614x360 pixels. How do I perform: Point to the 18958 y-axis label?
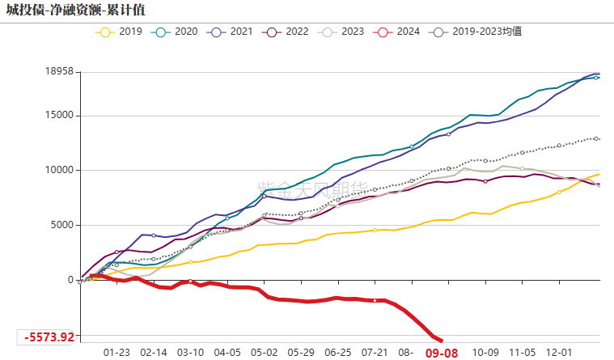coord(58,71)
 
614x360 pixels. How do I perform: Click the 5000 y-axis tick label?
coord(61,225)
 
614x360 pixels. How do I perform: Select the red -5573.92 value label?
coord(49,337)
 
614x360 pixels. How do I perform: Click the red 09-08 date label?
coord(442,353)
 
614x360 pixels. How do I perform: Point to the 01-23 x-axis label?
coord(116,353)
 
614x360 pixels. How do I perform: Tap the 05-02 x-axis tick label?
coord(264,353)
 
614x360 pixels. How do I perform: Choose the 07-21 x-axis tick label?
coord(375,353)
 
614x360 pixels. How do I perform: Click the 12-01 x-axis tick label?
coord(560,353)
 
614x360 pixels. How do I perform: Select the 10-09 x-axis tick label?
coord(485,353)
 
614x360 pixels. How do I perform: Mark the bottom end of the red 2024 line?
coord(441,341)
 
